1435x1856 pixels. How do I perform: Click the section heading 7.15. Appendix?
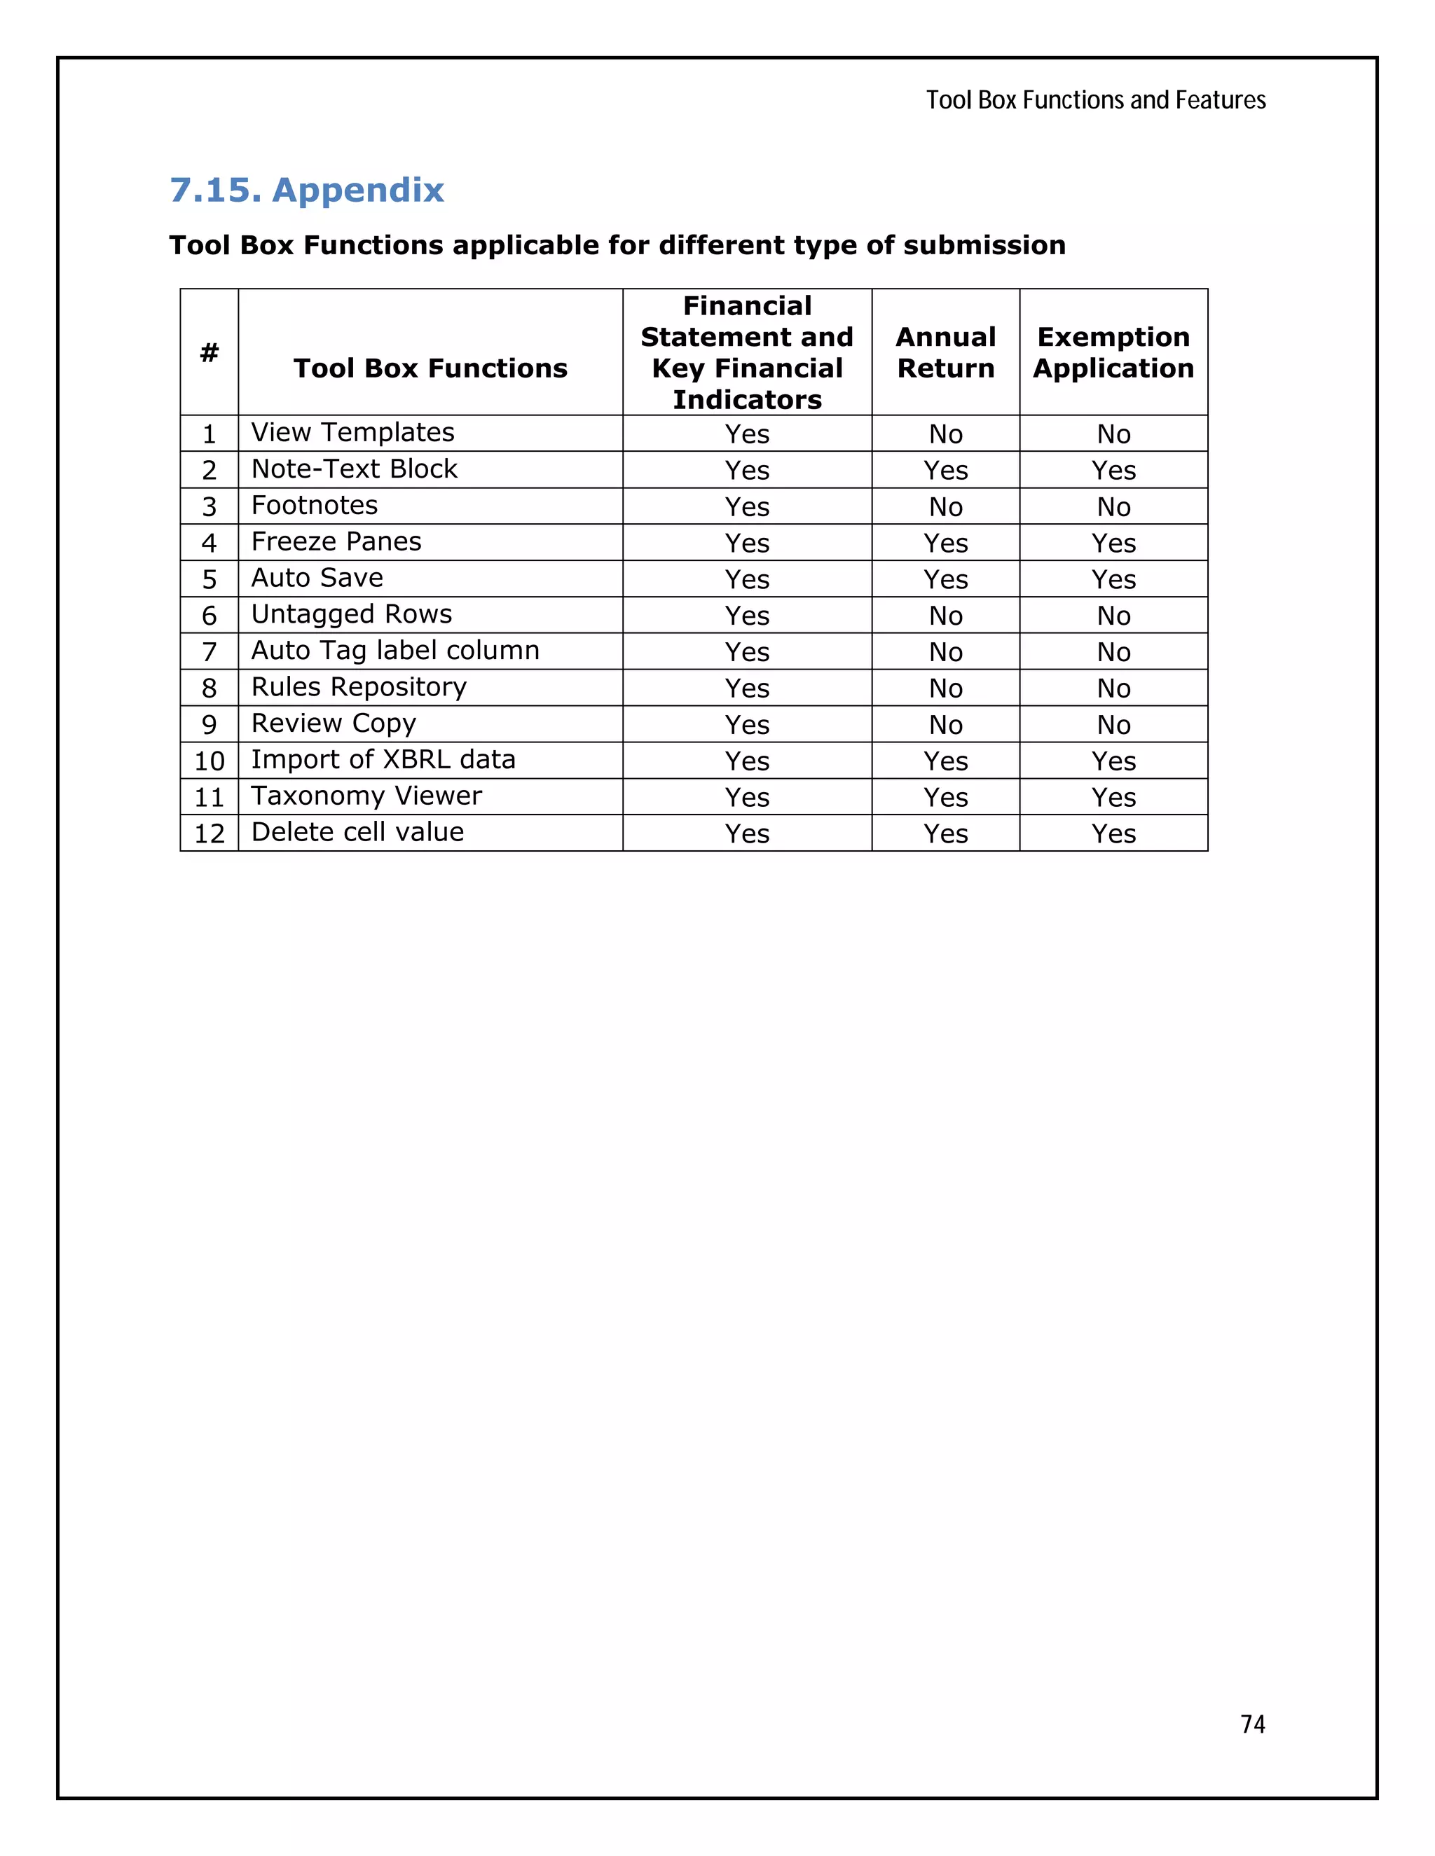[307, 190]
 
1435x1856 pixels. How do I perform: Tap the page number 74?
[1252, 1724]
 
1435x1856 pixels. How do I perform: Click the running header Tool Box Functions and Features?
[1095, 100]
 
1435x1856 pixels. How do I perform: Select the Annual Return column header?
[945, 352]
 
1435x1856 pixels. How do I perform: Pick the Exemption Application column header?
[1113, 352]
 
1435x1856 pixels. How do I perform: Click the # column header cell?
[209, 352]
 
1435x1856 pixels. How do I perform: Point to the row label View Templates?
[353, 433]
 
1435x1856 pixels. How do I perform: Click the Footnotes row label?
[315, 506]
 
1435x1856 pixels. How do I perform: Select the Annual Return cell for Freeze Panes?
[945, 542]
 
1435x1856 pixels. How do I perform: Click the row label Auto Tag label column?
[395, 651]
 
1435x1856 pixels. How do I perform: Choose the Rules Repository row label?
[359, 686]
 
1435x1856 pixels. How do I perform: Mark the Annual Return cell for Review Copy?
[945, 724]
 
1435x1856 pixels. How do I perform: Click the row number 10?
[209, 761]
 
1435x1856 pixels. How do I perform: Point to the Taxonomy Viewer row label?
[366, 796]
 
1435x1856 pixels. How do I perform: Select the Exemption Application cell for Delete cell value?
[1113, 833]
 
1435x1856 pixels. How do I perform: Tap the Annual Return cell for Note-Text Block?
[945, 470]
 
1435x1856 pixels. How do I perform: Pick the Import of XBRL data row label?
[383, 760]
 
